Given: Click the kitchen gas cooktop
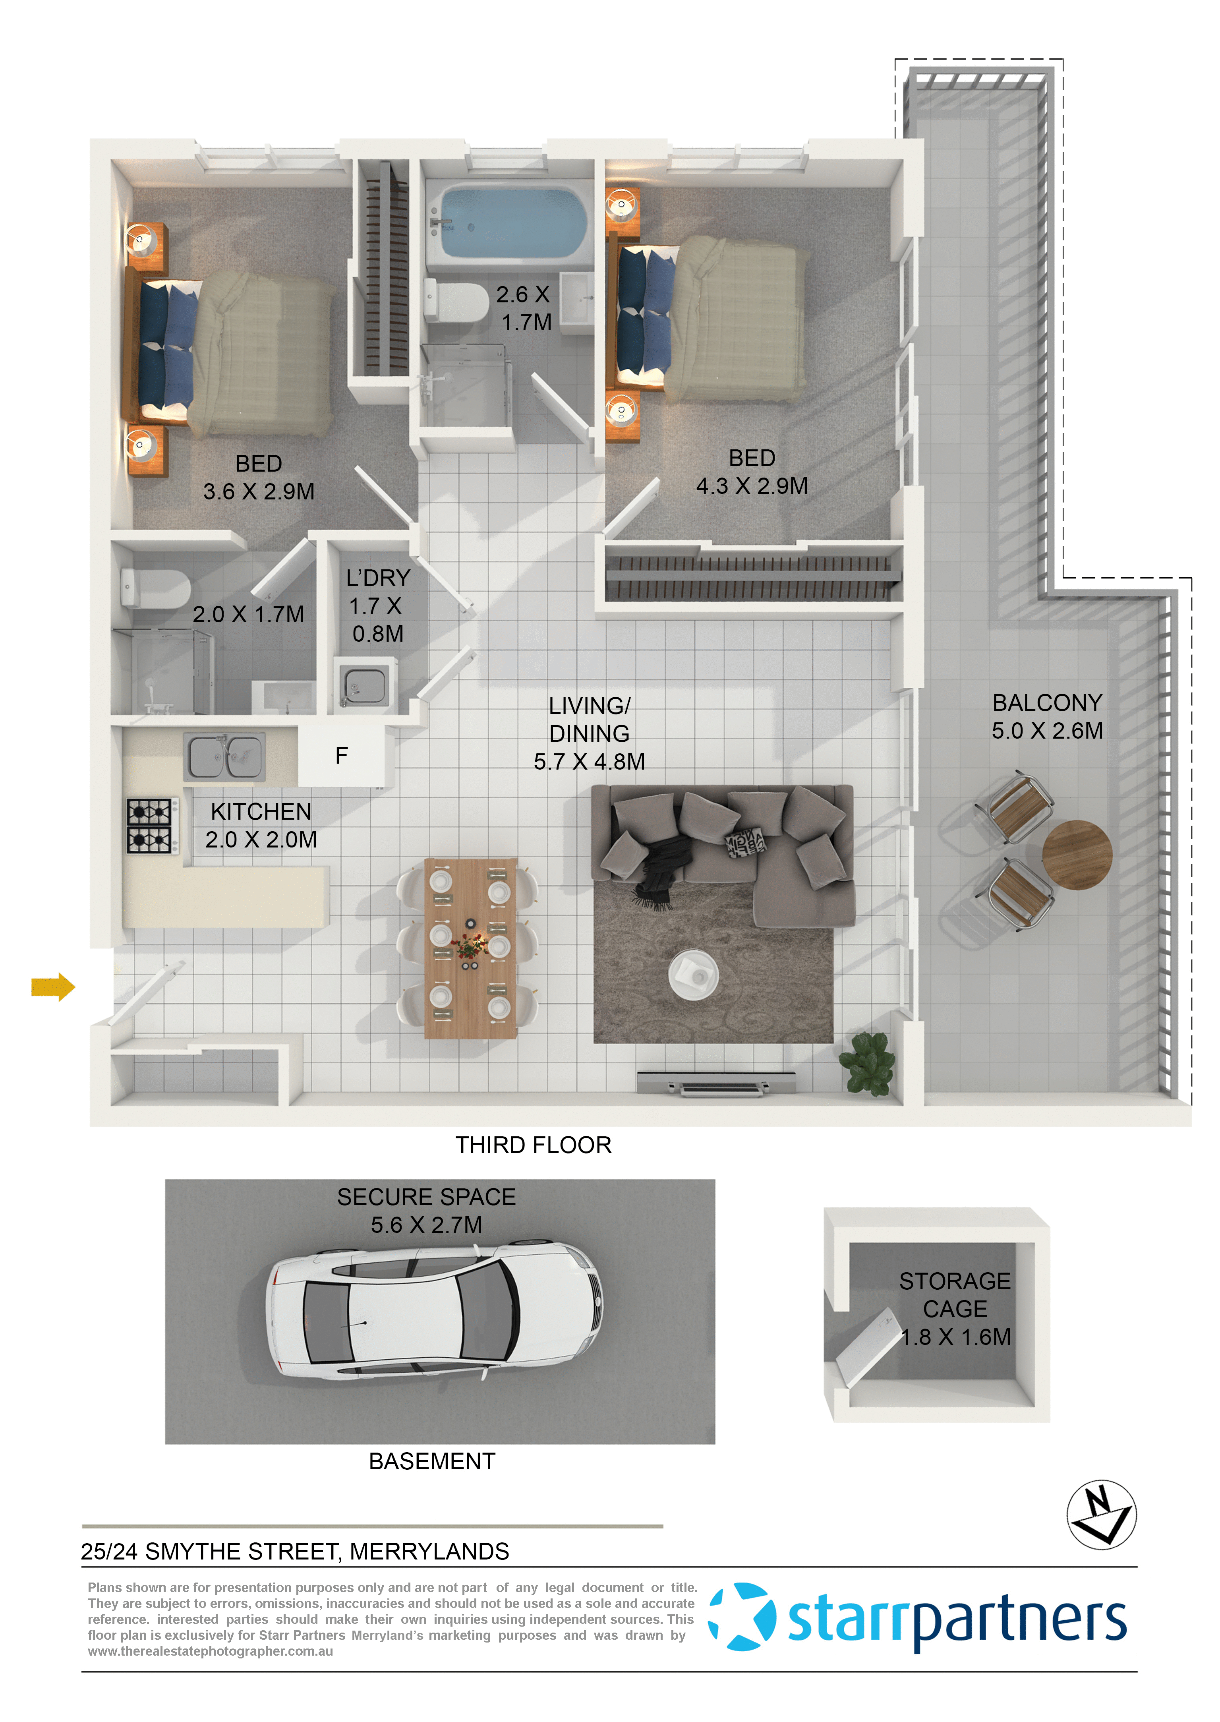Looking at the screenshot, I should (150, 826).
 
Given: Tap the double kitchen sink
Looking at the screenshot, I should (224, 757).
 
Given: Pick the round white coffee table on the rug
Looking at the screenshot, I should (693, 975).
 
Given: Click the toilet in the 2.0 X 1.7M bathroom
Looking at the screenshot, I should (155, 588).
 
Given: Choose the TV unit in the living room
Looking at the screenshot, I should (716, 1084).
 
